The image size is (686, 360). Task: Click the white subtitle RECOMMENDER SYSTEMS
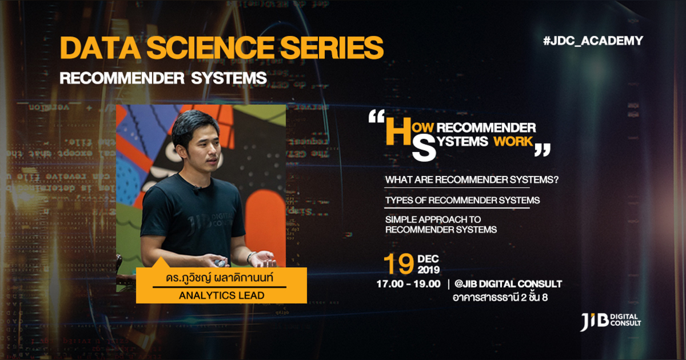click(163, 78)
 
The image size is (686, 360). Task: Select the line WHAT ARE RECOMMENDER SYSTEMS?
click(472, 179)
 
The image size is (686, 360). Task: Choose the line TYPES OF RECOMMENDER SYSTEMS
click(462, 201)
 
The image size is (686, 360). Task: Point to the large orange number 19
click(398, 264)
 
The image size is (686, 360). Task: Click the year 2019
click(429, 269)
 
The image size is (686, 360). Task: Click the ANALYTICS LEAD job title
click(221, 295)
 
